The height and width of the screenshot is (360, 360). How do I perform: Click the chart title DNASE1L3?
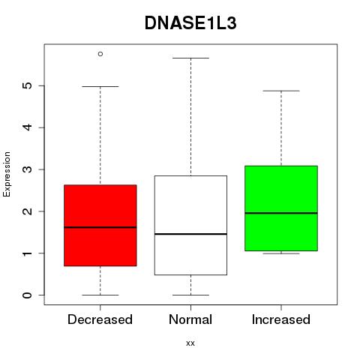[190, 23]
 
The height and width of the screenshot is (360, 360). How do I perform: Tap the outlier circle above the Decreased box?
[100, 54]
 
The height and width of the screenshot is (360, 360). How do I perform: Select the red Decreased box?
[100, 225]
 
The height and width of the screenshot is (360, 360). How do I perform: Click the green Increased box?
[281, 208]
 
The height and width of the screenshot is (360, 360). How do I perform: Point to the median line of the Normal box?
[190, 234]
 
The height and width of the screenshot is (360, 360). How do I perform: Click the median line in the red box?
[100, 227]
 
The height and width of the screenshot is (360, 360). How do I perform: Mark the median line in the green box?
[281, 213]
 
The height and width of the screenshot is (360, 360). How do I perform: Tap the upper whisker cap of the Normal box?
[190, 58]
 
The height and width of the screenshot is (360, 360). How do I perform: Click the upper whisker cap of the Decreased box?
[100, 86]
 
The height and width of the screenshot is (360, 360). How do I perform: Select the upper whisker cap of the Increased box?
[281, 91]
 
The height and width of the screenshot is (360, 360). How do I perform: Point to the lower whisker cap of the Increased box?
[281, 253]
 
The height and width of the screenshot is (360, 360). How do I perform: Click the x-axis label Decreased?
[100, 319]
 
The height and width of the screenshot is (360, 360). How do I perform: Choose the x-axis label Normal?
[190, 319]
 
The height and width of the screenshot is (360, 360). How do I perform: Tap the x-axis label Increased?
[281, 319]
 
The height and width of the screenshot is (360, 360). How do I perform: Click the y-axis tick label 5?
[28, 85]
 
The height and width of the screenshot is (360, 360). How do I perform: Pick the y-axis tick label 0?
[28, 295]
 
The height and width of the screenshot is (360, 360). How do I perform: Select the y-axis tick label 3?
[28, 169]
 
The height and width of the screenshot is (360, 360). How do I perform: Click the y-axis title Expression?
[7, 175]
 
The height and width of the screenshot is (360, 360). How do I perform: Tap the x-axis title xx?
[190, 343]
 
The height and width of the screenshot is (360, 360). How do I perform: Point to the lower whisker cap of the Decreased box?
[100, 295]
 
